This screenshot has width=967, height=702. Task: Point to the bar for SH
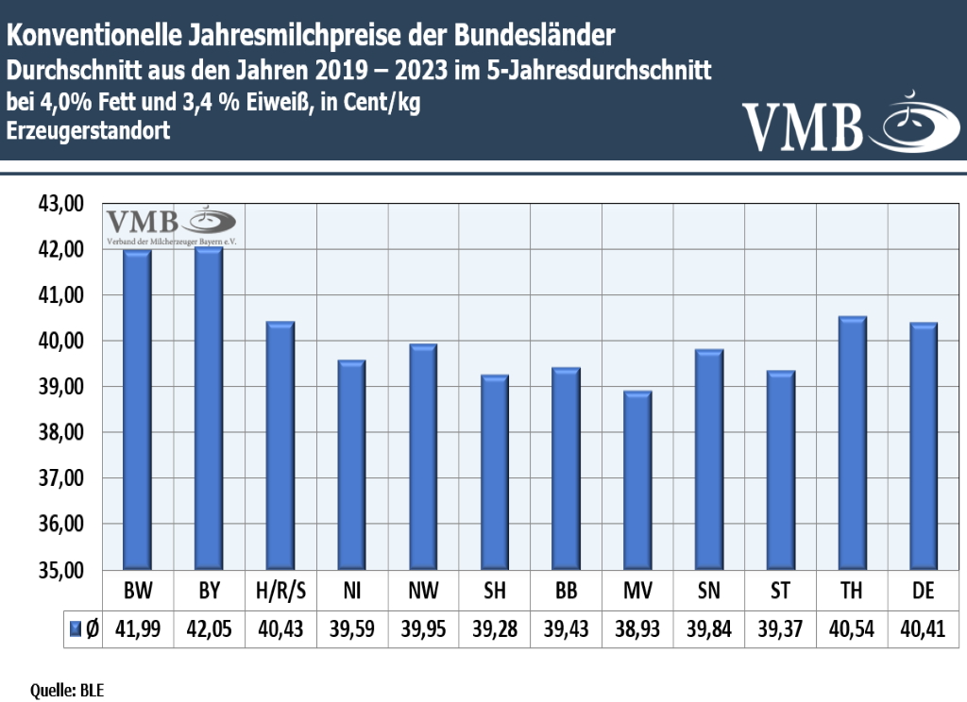click(x=494, y=472)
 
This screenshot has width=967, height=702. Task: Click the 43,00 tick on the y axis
click(x=59, y=204)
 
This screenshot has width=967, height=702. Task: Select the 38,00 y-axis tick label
click(x=59, y=433)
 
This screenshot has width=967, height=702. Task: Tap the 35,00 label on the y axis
click(x=59, y=571)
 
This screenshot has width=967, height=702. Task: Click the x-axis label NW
click(x=422, y=593)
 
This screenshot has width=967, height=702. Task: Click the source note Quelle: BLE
click(x=67, y=691)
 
